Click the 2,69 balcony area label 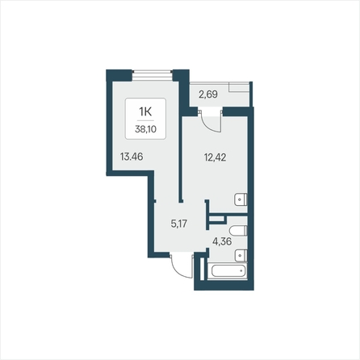coord(208,94)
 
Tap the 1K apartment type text coord(145,111)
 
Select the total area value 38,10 coord(145,129)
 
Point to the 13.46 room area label coord(132,157)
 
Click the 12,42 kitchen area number coord(216,157)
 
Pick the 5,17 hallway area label coord(179,224)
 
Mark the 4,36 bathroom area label coord(222,241)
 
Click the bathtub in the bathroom coord(228,270)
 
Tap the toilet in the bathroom coord(238,231)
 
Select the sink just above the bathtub coord(241,255)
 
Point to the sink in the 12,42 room coord(241,199)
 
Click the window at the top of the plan coord(153,75)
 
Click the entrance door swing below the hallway coord(182,266)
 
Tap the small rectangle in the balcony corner coord(239,87)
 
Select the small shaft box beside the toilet coord(217,219)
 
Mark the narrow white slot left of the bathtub coord(203,269)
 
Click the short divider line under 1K coord(145,120)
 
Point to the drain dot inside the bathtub coord(241,271)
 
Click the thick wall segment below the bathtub coord(224,285)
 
